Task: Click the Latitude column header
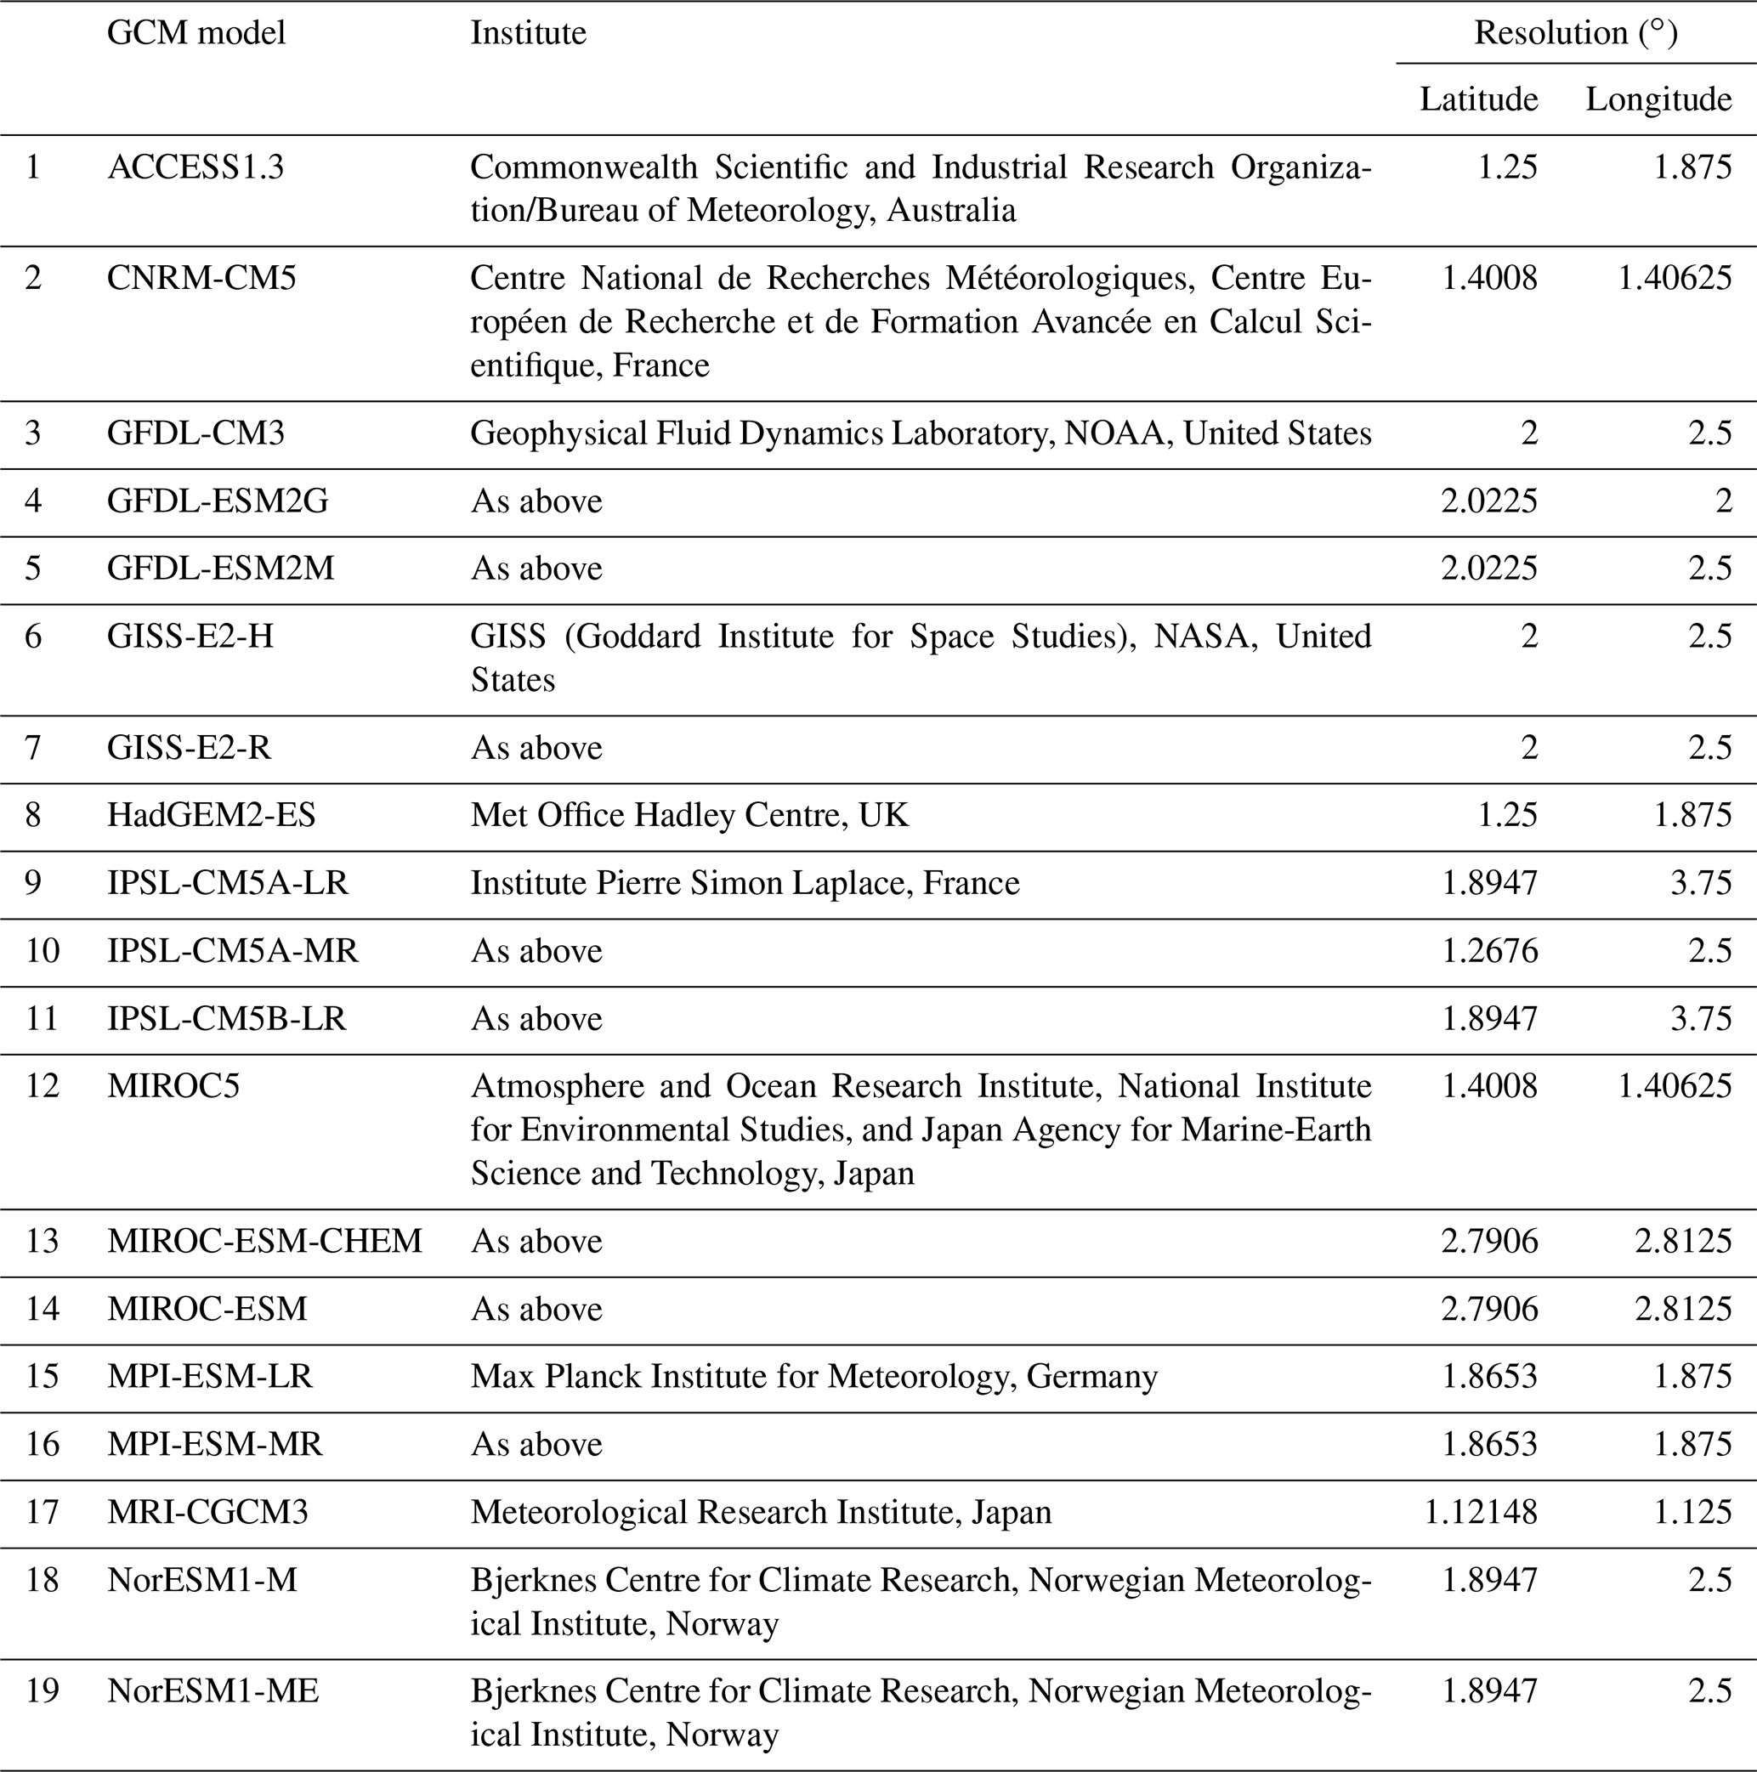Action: [x=1478, y=99]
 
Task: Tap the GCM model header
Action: [x=196, y=33]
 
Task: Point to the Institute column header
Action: [x=529, y=33]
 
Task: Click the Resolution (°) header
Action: [x=1575, y=33]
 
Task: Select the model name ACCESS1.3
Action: [x=196, y=167]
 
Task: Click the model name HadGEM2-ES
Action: [x=211, y=815]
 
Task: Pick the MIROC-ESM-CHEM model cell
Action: [x=264, y=1241]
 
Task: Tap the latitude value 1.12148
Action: [x=1480, y=1512]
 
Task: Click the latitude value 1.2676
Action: [x=1489, y=951]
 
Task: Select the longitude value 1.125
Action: [x=1692, y=1512]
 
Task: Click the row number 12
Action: [x=43, y=1086]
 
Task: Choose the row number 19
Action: [x=43, y=1690]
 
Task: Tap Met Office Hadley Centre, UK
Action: [x=689, y=815]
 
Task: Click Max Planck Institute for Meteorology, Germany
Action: [x=813, y=1377]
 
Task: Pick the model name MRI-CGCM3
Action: [x=207, y=1512]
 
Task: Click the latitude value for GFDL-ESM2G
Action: [x=1489, y=501]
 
